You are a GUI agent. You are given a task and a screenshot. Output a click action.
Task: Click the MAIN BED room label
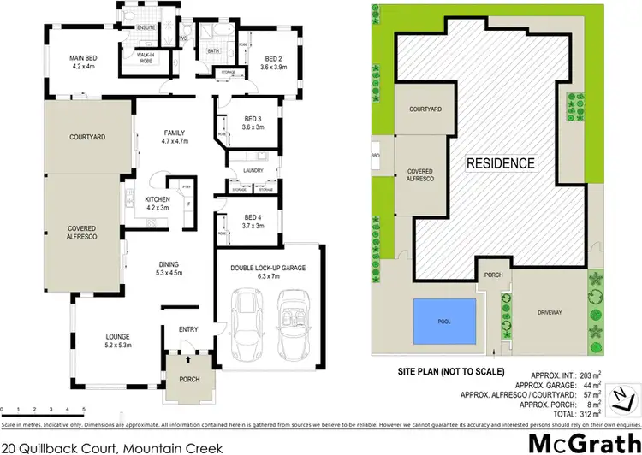(x=86, y=62)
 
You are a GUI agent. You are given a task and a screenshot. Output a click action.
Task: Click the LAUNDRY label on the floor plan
(x=252, y=169)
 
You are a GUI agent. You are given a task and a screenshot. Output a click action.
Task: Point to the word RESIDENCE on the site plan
(x=501, y=163)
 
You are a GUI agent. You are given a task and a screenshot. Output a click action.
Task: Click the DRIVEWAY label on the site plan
(x=550, y=314)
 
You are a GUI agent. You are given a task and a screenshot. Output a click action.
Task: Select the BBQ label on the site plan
(x=375, y=157)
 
